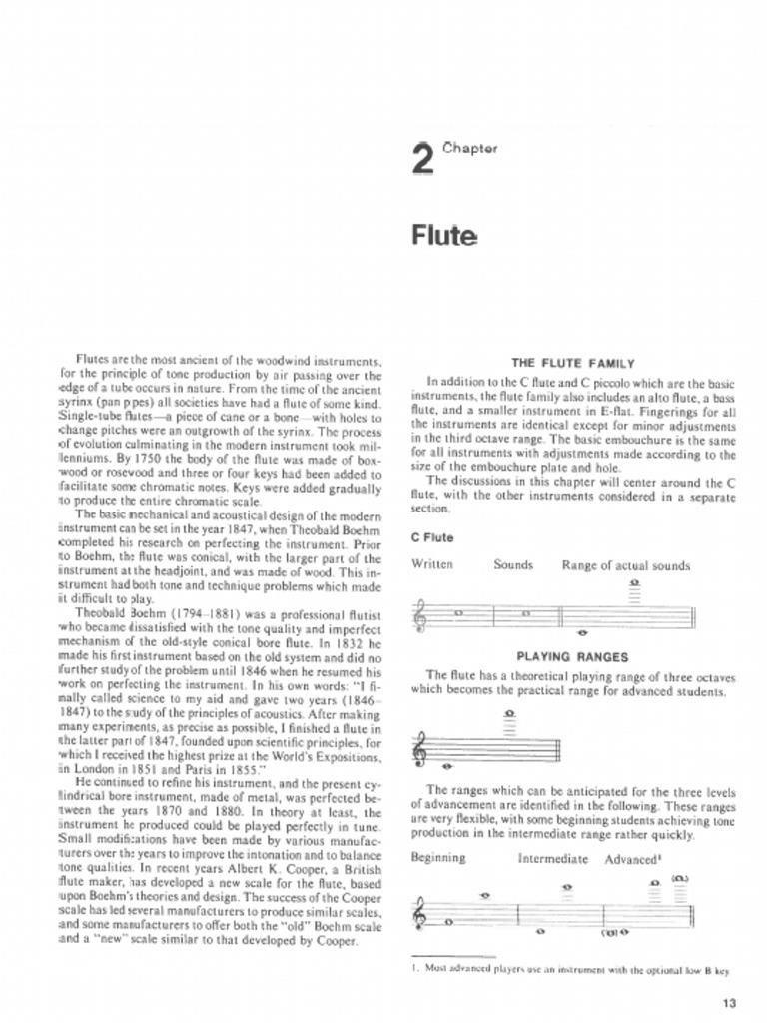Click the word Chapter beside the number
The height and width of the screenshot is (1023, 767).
coord(469,148)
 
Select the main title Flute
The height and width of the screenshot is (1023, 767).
coord(444,236)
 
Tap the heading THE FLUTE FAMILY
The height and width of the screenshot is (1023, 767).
coord(573,363)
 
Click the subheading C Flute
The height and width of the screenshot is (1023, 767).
coord(432,537)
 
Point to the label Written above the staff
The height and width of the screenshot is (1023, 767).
coord(432,564)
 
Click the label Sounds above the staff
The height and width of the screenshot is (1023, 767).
coord(513,564)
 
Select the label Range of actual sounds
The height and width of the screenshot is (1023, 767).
coord(626,565)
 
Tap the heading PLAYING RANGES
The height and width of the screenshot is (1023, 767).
coord(572,656)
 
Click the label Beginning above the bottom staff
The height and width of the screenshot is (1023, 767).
coord(438,857)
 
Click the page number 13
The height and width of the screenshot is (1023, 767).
coord(727,1003)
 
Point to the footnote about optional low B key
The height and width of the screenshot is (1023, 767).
coord(571,968)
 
